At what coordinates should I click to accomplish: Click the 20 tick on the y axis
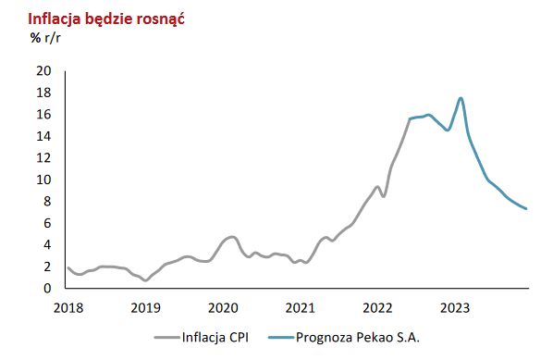click(x=42, y=71)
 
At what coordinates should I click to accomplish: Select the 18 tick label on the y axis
click(x=42, y=93)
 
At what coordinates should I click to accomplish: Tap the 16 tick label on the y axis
click(x=42, y=115)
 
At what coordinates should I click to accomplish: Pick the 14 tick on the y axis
click(x=42, y=136)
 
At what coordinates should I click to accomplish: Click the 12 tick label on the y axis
click(x=42, y=158)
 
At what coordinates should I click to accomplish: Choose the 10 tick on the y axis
click(x=42, y=180)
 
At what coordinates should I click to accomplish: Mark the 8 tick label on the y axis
click(x=45, y=202)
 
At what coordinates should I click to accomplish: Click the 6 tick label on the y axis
click(x=45, y=223)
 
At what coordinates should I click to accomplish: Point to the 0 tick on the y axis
click(x=45, y=288)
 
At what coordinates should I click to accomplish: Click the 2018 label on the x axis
click(x=67, y=306)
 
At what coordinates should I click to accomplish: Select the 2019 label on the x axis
click(x=144, y=306)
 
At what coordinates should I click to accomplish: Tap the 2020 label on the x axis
click(x=222, y=306)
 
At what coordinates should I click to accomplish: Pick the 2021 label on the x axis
click(x=300, y=306)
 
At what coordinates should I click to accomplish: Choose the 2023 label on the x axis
click(x=455, y=306)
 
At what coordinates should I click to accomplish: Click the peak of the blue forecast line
click(x=461, y=98)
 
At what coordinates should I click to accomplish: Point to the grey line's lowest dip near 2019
click(x=145, y=280)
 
